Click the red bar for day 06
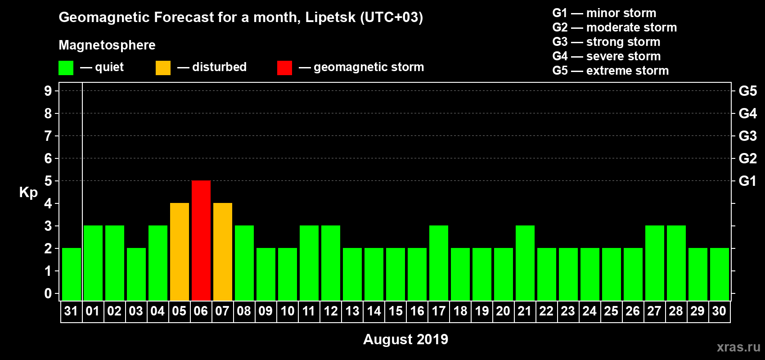(x=201, y=240)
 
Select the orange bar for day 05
(x=180, y=252)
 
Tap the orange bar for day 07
(x=223, y=252)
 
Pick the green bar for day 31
(x=72, y=274)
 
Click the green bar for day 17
(x=439, y=263)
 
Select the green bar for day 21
(x=525, y=263)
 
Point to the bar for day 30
(x=720, y=274)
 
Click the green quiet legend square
(x=66, y=68)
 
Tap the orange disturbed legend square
(x=163, y=68)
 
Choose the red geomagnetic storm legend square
(x=284, y=68)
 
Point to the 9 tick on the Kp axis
(x=48, y=91)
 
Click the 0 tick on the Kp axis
(x=48, y=293)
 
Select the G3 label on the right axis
(x=747, y=136)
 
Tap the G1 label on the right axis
(x=747, y=181)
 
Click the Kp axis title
(x=28, y=193)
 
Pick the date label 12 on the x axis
(x=331, y=311)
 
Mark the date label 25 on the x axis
(x=611, y=311)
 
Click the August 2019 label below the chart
(x=405, y=339)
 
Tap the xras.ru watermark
(x=738, y=347)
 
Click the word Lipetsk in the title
(x=330, y=18)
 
